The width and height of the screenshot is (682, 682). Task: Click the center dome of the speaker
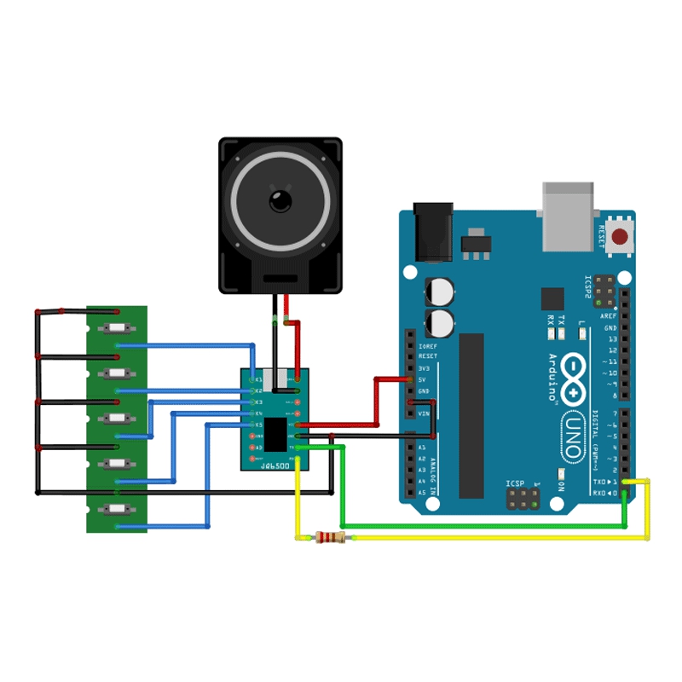[x=280, y=201]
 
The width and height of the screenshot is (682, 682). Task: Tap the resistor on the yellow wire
[x=330, y=537]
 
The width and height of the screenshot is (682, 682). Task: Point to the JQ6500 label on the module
[x=275, y=465]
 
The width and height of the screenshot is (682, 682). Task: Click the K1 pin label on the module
[x=257, y=379]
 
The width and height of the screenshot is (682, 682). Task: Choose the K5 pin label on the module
[x=257, y=425]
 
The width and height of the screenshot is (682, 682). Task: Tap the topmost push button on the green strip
[x=117, y=329]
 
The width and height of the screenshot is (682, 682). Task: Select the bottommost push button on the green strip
[x=117, y=509]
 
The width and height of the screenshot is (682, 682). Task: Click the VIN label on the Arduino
[x=423, y=413]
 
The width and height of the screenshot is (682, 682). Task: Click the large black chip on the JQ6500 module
[x=275, y=434]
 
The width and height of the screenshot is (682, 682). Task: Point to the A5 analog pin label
[x=421, y=493]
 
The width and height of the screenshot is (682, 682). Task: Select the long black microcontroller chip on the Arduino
[x=471, y=415]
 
